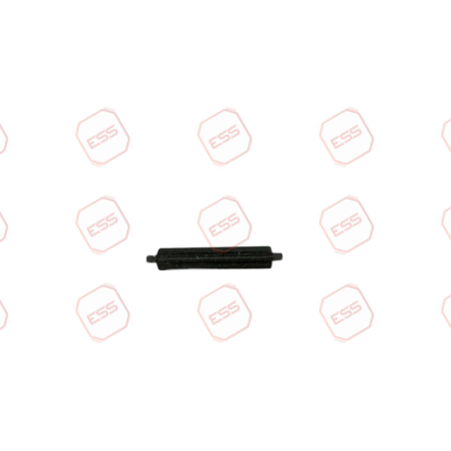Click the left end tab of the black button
pos(151,258)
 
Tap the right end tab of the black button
pos(277,256)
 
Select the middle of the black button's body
pos(214,258)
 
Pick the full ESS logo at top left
pos(103,137)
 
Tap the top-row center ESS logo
pos(225,137)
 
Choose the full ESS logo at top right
pos(346,137)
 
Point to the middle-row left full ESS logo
pos(103,225)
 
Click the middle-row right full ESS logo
pos(346,225)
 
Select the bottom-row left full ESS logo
pos(103,312)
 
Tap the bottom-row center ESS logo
pos(225,312)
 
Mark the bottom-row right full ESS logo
pos(346,312)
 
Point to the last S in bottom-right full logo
pos(356,307)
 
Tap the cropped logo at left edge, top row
pos(3,139)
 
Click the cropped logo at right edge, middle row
pos(446,225)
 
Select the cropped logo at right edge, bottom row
pos(446,312)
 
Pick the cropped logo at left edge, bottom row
pos(3,314)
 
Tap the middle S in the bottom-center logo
pos(225,312)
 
